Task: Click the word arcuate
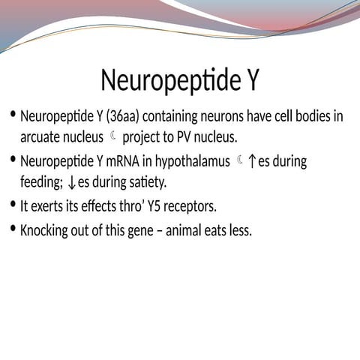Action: pos(41,138)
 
